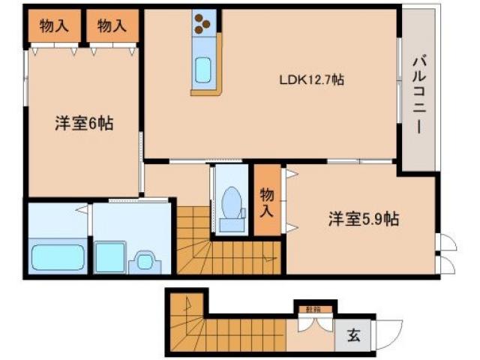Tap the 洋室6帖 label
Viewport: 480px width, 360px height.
[84, 124]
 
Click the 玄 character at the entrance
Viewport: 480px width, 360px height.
[352, 336]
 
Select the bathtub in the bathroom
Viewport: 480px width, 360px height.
[58, 257]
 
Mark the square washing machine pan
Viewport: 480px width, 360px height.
[109, 256]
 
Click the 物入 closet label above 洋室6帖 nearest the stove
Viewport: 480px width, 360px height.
[111, 27]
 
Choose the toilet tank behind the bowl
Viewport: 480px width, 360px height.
[232, 223]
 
